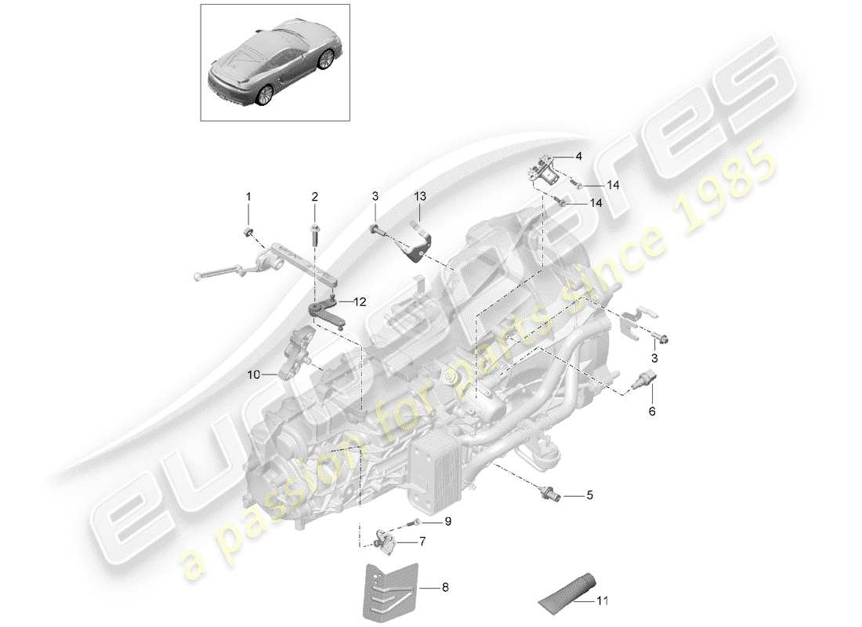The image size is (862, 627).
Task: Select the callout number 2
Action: [x=314, y=196]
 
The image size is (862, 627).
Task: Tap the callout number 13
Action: [x=419, y=196]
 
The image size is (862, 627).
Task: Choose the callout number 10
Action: [x=254, y=375]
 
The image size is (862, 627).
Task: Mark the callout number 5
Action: [x=590, y=495]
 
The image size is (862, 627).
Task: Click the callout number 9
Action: [x=448, y=520]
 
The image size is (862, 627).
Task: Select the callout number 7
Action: [x=422, y=541]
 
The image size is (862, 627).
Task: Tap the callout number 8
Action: [x=446, y=585]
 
